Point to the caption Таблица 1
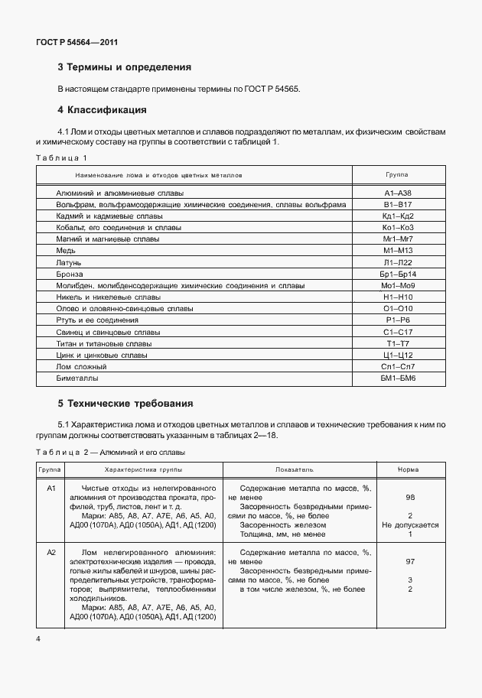(62, 158)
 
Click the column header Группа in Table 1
(397, 175)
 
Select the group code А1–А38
(398, 193)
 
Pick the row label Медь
(66, 251)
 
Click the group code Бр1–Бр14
(398, 274)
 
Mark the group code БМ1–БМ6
(398, 378)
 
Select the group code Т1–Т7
(398, 343)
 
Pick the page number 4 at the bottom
(38, 637)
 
